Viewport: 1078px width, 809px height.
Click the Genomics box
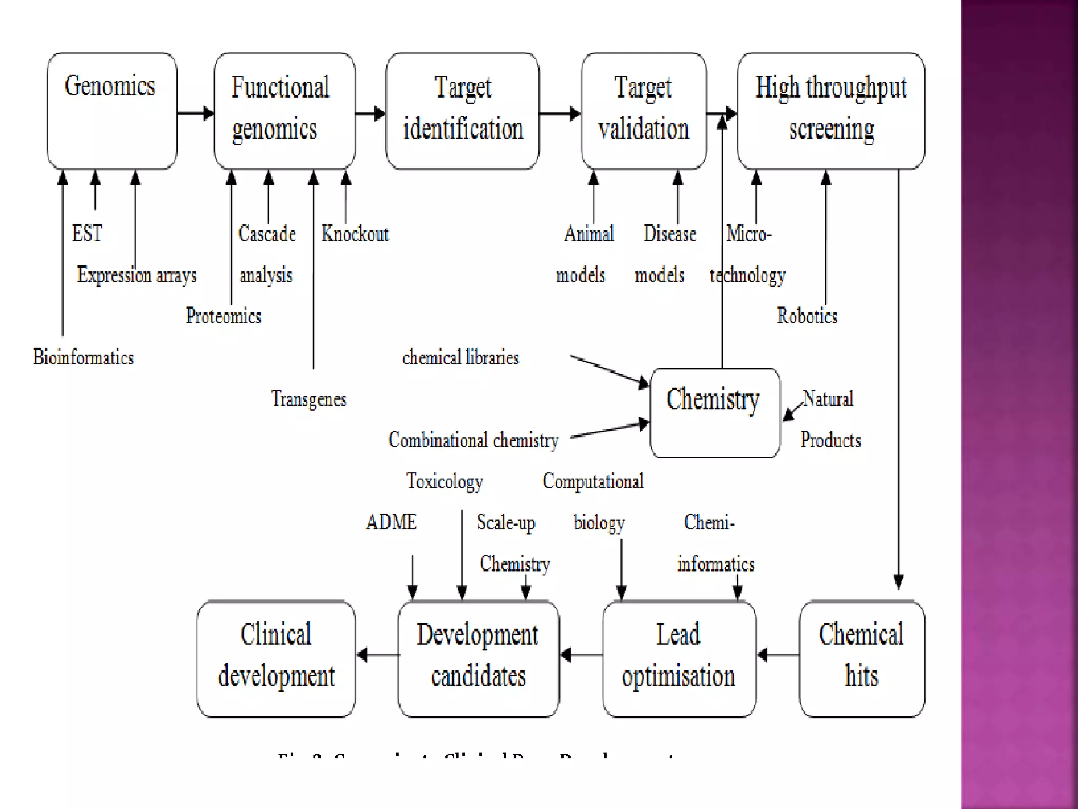(112, 111)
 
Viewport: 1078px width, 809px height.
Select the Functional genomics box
(284, 111)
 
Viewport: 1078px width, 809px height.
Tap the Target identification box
(462, 111)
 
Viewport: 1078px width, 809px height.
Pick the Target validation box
(643, 111)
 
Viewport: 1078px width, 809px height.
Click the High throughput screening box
(831, 111)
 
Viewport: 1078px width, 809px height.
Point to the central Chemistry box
(714, 412)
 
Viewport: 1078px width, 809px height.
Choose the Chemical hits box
(861, 658)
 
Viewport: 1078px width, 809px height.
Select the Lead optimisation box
(678, 658)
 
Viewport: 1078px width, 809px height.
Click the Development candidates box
(478, 658)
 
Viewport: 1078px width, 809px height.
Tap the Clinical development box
(276, 658)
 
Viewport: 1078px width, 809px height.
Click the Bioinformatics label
(83, 357)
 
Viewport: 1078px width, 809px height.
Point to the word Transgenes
(308, 399)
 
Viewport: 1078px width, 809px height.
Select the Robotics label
(807, 316)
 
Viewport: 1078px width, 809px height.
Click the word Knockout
(355, 233)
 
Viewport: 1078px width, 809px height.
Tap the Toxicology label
(444, 481)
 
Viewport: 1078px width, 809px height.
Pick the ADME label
(391, 522)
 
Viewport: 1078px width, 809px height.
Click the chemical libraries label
(460, 358)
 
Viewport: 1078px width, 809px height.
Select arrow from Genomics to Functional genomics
(195, 113)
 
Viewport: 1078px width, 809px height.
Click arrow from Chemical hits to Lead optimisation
(777, 655)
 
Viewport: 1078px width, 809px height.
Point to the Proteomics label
(223, 316)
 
